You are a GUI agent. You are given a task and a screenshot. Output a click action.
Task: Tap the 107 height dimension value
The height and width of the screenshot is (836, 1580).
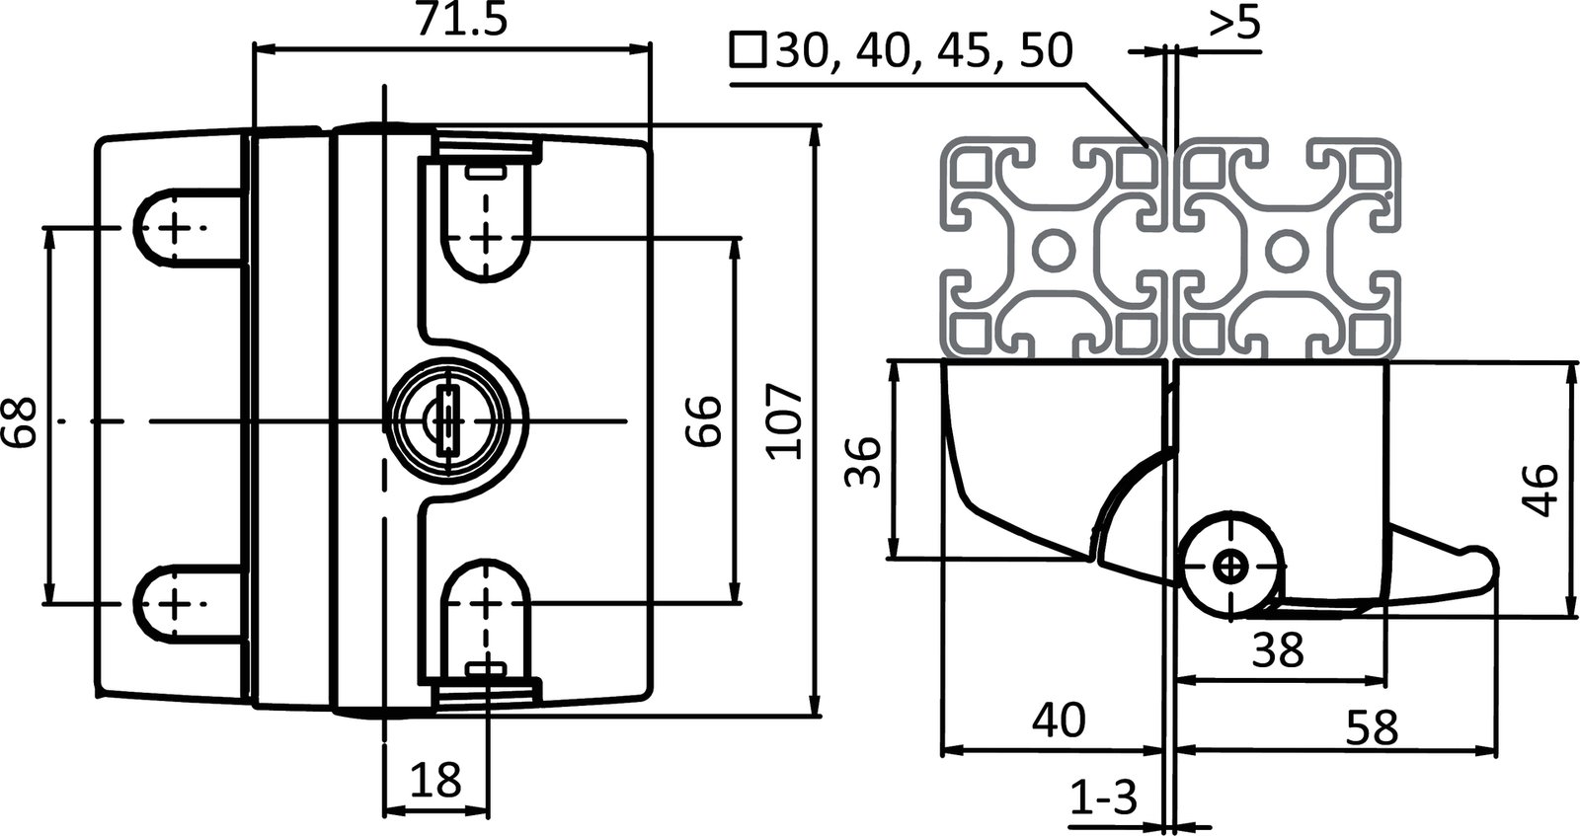[786, 422]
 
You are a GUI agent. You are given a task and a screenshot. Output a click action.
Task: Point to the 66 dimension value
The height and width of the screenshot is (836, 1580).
[703, 422]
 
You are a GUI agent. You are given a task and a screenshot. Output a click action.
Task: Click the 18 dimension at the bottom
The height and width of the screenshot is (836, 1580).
[435, 781]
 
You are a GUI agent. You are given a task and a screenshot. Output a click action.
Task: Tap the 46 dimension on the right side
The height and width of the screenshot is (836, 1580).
[1542, 490]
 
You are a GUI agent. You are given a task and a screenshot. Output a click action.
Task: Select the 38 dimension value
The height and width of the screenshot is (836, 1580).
[1278, 649]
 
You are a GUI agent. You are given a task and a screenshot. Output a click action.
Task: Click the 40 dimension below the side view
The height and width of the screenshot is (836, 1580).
[1058, 722]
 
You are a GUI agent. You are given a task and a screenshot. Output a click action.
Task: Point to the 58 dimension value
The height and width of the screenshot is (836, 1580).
[1373, 728]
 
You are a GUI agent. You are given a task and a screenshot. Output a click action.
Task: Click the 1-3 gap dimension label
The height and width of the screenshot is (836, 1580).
[1104, 795]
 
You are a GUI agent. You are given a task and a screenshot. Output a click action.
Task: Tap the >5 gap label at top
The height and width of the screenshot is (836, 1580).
[1234, 24]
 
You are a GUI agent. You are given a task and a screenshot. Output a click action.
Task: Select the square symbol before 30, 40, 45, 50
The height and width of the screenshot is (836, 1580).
[748, 49]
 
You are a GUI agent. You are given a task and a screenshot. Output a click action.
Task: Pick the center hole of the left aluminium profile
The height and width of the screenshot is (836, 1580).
[1055, 249]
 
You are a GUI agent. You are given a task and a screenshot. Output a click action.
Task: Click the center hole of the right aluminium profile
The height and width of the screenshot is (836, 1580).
[1284, 249]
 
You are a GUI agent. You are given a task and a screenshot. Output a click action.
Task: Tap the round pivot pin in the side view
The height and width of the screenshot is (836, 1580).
[1230, 566]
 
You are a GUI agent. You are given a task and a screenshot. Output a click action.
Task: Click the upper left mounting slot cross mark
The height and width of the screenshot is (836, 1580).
[175, 228]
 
